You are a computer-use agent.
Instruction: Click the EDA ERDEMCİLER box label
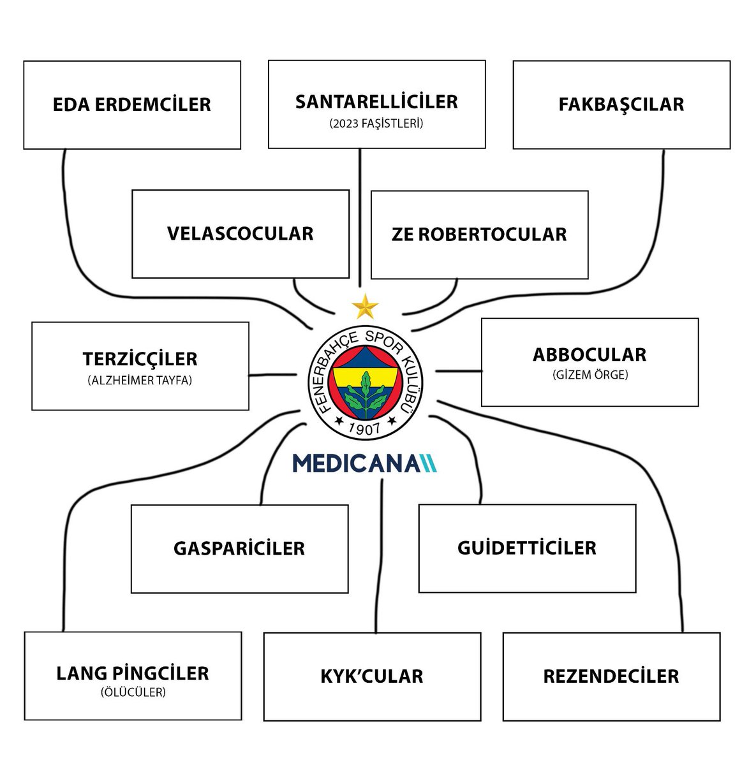pyautogui.click(x=132, y=105)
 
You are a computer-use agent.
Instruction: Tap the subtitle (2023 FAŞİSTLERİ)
pyautogui.click(x=376, y=124)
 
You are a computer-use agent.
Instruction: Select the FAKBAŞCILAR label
pyautogui.click(x=621, y=105)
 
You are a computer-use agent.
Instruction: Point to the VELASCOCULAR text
pyautogui.click(x=241, y=233)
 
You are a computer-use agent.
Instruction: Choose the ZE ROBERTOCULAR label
pyautogui.click(x=479, y=234)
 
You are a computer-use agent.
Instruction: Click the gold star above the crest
pyautogui.click(x=365, y=307)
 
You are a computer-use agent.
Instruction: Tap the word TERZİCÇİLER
pyautogui.click(x=140, y=359)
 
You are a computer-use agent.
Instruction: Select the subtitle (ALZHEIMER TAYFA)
pyautogui.click(x=140, y=381)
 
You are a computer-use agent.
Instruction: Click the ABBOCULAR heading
pyautogui.click(x=590, y=354)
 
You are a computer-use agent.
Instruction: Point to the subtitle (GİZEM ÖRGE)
pyautogui.click(x=590, y=375)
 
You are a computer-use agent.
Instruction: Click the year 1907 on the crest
pyautogui.click(x=366, y=427)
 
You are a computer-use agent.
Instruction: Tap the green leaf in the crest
pyautogui.click(x=366, y=390)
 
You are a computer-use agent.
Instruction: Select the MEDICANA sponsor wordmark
pyautogui.click(x=365, y=463)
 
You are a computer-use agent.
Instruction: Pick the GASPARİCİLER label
pyautogui.click(x=239, y=548)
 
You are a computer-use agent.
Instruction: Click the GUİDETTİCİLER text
pyautogui.click(x=527, y=548)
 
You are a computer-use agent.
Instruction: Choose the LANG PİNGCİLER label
pyautogui.click(x=133, y=673)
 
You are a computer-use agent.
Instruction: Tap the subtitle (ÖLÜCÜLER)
pyautogui.click(x=133, y=692)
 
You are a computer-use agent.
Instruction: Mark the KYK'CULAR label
pyautogui.click(x=372, y=676)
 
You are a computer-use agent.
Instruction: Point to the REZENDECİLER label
pyautogui.click(x=611, y=676)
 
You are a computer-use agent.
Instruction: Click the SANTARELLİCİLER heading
pyautogui.click(x=376, y=102)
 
